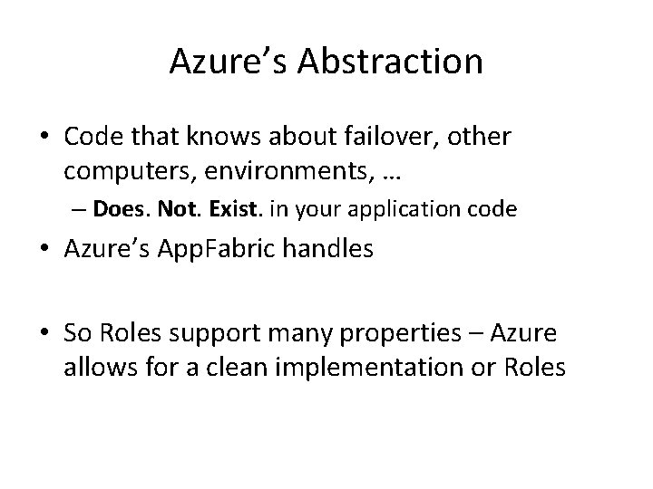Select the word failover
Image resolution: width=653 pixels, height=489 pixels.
(404, 137)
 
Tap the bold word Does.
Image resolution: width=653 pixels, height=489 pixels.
(122, 210)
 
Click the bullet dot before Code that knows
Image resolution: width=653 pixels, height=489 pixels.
(44, 138)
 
